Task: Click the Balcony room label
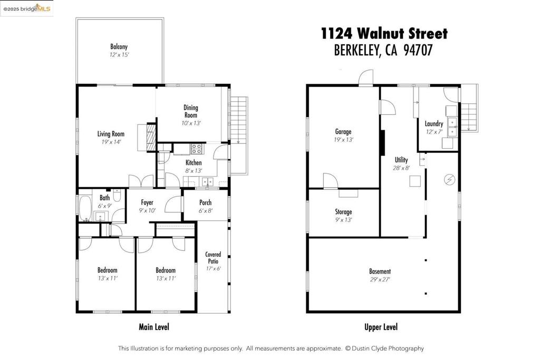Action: [x=119, y=46]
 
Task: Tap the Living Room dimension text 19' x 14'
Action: [x=111, y=142]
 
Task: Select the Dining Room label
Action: [x=191, y=111]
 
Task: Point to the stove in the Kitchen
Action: [x=196, y=149]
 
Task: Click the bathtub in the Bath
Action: [x=85, y=209]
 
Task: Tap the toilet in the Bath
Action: [x=117, y=197]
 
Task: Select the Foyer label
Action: [x=147, y=202]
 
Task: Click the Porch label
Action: [x=205, y=202]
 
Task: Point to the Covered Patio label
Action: [x=213, y=258]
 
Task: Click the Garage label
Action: [x=343, y=132]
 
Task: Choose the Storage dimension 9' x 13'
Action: [x=343, y=220]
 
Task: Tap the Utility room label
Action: [x=401, y=160]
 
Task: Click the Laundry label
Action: [x=433, y=124]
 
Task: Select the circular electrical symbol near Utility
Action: [x=449, y=180]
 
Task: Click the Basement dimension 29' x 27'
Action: [x=380, y=280]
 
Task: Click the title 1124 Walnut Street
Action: [x=384, y=34]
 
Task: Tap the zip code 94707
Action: [x=418, y=50]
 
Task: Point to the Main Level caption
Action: [x=154, y=327]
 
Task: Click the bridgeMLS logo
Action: [x=27, y=8]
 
